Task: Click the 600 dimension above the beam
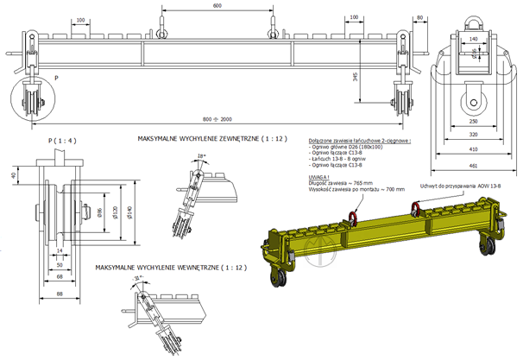[216, 6]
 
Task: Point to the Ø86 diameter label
[101, 212]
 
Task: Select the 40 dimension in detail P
[12, 175]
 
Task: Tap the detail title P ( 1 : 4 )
[58, 138]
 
